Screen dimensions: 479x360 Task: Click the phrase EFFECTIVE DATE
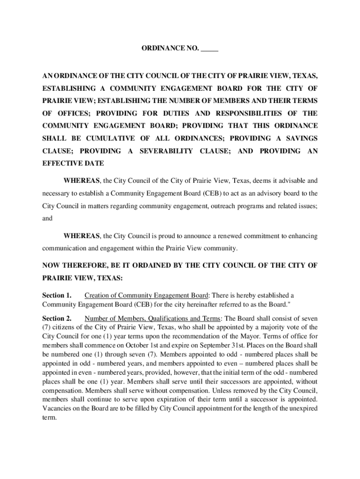point(73,164)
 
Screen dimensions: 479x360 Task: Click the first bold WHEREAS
point(81,181)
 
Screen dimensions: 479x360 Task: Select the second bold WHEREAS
point(81,236)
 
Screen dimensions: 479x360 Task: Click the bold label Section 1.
point(57,295)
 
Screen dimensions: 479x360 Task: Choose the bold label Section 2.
point(57,319)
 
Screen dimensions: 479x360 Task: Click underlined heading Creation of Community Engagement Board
point(146,295)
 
